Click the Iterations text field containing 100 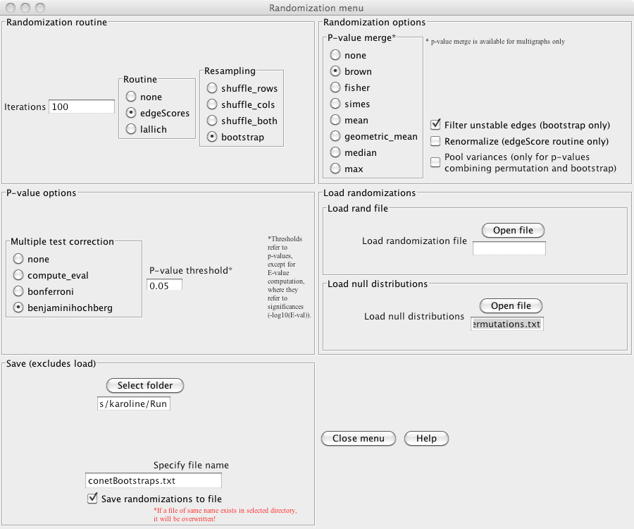[x=81, y=107]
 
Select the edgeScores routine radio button [x=131, y=113]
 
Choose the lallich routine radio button [x=131, y=129]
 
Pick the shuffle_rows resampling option [x=211, y=88]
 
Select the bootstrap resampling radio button [x=211, y=137]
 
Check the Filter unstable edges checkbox [x=435, y=125]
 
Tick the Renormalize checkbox [x=435, y=141]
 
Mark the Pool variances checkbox [x=435, y=162]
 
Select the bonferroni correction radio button [x=18, y=291]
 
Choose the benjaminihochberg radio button [x=18, y=308]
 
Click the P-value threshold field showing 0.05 [x=164, y=285]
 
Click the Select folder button [x=145, y=386]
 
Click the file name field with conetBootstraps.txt [x=153, y=480]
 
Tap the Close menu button [x=359, y=438]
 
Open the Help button [x=426, y=438]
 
